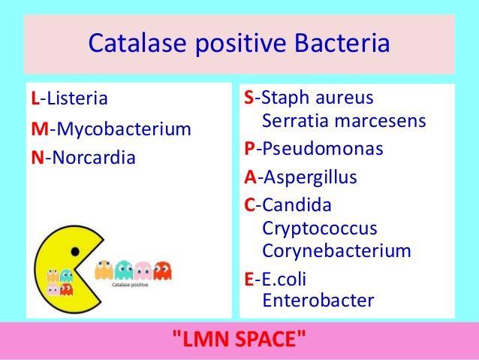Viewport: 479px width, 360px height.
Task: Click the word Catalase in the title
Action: point(137,43)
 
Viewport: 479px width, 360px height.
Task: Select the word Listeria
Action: point(77,98)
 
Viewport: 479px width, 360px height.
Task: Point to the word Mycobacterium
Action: point(124,129)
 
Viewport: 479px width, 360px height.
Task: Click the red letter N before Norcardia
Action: point(38,158)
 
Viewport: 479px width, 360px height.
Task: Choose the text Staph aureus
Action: point(318,98)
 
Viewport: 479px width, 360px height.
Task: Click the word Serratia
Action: point(296,120)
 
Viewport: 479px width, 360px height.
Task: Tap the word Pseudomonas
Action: point(323,149)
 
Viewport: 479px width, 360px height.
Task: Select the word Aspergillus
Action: point(310,177)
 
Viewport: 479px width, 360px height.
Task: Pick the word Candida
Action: point(297,204)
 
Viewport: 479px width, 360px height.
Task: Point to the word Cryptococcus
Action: point(320,228)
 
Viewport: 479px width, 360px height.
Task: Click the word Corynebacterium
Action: point(336,251)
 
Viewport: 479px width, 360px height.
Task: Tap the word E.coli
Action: point(284,279)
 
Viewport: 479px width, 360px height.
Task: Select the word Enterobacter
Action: point(318,301)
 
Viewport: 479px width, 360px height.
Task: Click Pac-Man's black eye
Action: point(75,252)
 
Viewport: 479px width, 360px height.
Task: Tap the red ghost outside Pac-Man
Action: point(162,271)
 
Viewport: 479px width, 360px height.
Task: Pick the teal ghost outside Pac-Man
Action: point(124,270)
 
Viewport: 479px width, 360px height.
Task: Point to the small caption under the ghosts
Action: point(130,285)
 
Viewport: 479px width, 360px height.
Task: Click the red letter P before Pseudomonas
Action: point(249,149)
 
